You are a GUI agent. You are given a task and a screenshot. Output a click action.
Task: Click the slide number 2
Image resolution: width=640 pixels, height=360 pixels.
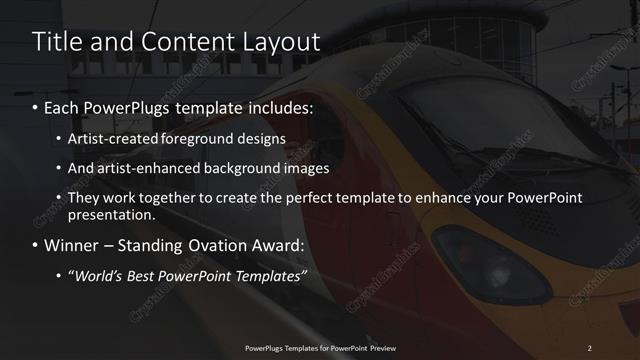590,347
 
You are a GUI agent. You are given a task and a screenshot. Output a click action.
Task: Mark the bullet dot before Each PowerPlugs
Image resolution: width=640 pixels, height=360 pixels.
37,105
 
